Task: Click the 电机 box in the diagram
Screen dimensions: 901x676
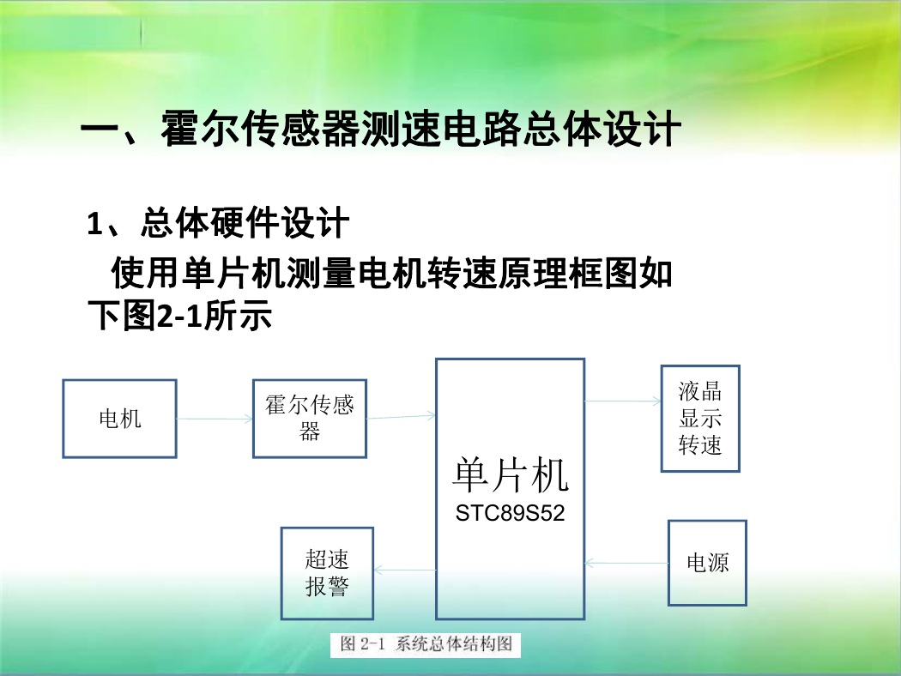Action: coord(119,419)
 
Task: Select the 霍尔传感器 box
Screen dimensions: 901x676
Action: coord(310,419)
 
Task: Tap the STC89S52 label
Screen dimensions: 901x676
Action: coord(511,513)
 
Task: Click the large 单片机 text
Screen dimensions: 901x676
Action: coord(511,475)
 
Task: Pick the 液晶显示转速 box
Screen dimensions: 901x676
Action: coord(700,419)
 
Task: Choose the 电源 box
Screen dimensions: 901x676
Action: coord(707,563)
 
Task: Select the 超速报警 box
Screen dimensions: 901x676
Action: coord(327,573)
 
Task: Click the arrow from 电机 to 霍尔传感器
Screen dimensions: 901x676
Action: coord(215,419)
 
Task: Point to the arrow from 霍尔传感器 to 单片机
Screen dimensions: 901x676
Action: coord(401,416)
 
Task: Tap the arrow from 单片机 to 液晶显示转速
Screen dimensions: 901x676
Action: coord(623,401)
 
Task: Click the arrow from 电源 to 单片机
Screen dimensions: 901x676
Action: coord(626,563)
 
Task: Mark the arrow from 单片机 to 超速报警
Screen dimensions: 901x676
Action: coord(405,570)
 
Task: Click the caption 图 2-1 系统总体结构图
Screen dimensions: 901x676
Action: coord(426,644)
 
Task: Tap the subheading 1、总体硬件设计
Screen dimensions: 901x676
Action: coord(218,223)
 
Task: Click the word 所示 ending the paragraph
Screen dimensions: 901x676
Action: coord(238,316)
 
